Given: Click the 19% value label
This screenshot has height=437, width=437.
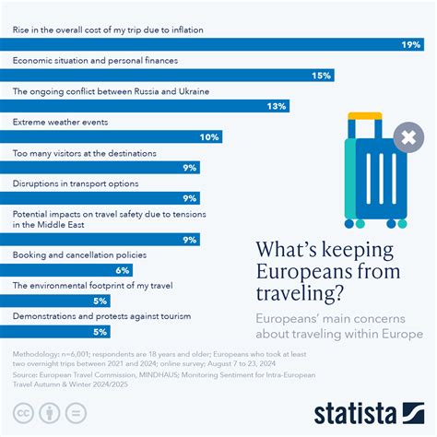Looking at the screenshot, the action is [x=411, y=45].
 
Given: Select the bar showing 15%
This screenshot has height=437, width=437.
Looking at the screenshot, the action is [x=167, y=76].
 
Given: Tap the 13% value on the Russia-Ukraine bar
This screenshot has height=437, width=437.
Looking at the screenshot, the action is [x=277, y=106].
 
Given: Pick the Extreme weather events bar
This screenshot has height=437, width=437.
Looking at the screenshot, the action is [x=112, y=136].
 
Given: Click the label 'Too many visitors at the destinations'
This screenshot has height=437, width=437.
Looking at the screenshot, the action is [x=85, y=153].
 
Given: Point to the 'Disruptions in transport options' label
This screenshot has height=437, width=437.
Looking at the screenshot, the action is [x=76, y=183].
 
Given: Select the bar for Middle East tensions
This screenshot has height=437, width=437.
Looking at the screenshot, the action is [x=100, y=240].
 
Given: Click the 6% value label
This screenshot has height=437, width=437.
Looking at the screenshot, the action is [x=123, y=270].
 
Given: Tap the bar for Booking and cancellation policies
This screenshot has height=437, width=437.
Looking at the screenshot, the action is [x=66, y=270].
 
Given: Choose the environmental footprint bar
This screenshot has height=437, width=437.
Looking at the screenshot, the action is [x=55, y=301].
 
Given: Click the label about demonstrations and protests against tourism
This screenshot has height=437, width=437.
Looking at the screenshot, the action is [x=101, y=316].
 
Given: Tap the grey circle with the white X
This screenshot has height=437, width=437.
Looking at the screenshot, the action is [x=408, y=137].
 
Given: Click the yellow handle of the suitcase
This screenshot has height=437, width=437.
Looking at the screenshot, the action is [x=365, y=116].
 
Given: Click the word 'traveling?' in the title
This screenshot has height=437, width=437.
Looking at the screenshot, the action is [x=300, y=293].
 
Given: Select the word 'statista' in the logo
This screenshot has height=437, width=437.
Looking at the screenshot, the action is [x=355, y=414].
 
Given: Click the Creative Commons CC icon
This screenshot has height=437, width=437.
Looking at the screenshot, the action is [x=23, y=413].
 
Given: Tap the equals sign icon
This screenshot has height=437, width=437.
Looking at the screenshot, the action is [x=76, y=413].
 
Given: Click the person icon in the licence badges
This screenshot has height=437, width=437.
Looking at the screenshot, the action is [x=50, y=413].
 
